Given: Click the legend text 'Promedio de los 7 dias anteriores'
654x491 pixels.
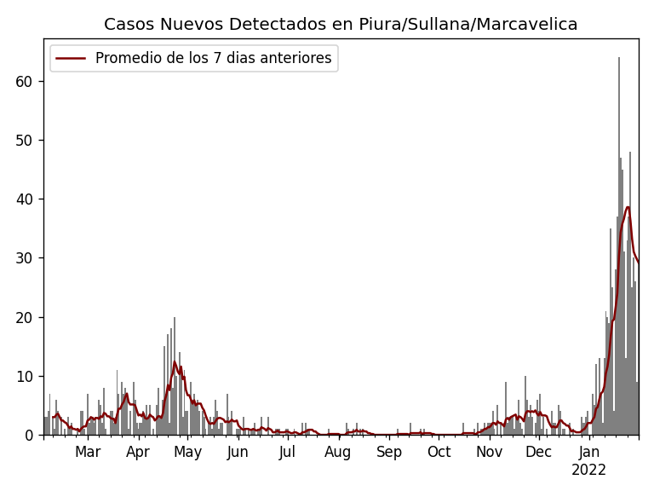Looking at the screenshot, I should pos(213,59).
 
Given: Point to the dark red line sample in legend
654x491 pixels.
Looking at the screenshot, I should pos(72,59).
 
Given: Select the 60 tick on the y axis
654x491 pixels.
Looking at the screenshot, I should pos(24,82).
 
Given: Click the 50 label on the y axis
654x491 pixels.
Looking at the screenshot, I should pos(24,141).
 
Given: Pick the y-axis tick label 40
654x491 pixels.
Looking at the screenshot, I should pos(24,199).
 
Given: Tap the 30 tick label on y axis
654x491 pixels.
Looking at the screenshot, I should pos(24,258).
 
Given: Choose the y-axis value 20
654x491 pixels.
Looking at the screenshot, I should pos(24,317).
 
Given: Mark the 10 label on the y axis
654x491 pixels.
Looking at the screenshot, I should pos(24,376).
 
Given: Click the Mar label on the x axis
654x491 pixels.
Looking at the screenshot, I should pos(88,453).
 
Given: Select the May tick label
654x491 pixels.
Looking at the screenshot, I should pos(187,453).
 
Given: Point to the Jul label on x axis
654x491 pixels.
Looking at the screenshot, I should pos(288,453).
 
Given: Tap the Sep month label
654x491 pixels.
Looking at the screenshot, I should pos(389,453).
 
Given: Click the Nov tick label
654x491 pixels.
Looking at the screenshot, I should pos(489,453).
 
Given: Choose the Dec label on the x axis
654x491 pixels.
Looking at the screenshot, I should pos(538,453).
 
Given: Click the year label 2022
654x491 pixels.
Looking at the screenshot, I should pos(588,471).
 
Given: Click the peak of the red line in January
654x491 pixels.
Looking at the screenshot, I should pos(628,207).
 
